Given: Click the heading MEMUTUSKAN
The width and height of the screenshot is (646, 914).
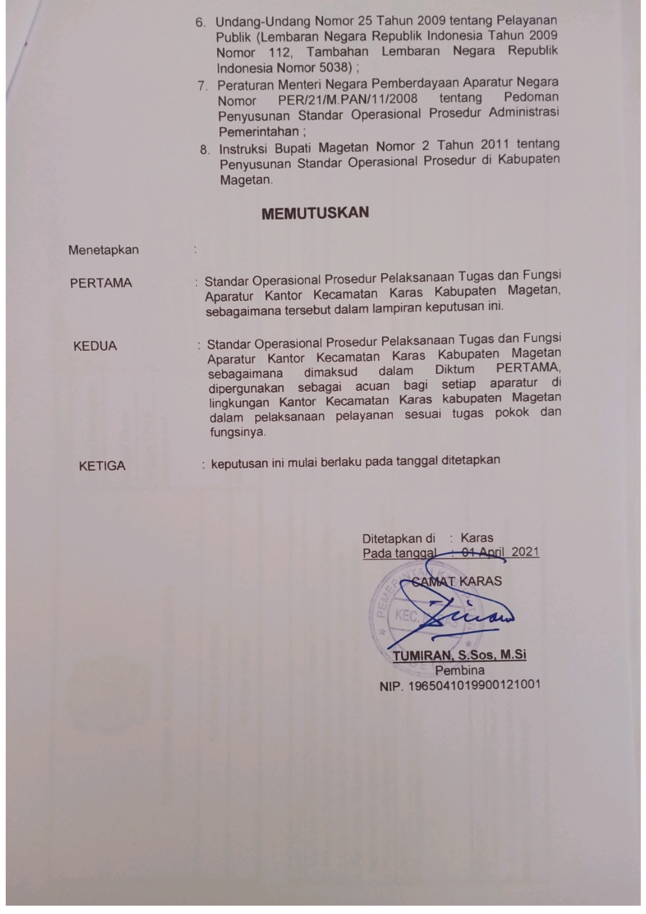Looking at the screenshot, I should coord(315,213).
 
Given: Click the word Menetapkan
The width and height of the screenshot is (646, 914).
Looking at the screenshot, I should coord(103,250).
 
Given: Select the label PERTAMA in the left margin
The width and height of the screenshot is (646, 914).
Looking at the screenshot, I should coord(101,283).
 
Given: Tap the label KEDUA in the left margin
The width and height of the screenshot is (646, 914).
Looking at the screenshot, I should coord(95,346).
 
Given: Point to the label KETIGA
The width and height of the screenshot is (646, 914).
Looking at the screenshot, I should coord(102,466).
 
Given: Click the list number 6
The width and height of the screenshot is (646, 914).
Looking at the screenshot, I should coord(201,22).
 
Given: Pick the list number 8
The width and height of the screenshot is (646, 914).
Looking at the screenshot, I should coord(205,150).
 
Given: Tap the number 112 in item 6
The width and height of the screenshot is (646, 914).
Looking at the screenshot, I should coord(281,52).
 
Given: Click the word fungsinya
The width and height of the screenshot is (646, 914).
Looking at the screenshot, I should coord(237,432).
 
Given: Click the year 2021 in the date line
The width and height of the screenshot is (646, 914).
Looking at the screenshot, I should coord(525,552).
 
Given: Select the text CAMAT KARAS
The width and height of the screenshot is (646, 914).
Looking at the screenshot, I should coord(457,581).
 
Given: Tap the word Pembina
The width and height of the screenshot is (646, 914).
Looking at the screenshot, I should coord(459,671).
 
